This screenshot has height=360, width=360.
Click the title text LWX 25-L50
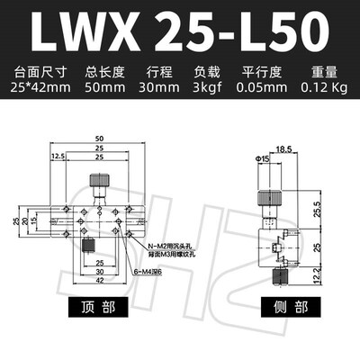click(179, 31)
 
